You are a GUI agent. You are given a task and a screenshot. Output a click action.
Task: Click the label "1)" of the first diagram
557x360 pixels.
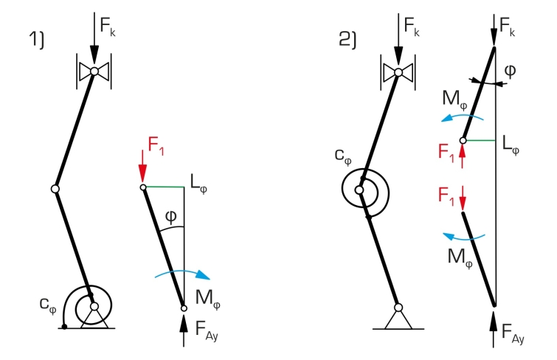click(x=37, y=39)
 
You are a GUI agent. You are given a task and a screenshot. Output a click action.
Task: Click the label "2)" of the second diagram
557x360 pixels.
click(x=347, y=39)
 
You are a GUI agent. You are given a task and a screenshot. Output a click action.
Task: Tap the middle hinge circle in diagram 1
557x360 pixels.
click(x=55, y=189)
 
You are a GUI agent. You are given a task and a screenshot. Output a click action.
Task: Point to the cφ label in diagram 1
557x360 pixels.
click(x=48, y=305)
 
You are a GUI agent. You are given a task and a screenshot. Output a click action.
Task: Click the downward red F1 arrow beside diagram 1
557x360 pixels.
click(x=142, y=166)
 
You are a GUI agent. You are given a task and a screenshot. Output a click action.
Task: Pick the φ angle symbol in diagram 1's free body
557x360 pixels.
click(x=171, y=217)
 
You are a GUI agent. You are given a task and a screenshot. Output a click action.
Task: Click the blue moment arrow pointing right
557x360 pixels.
click(x=182, y=274)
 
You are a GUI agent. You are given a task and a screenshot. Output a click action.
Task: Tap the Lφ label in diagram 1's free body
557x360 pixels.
click(x=198, y=184)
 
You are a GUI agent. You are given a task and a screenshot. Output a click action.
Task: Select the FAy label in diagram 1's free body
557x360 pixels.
click(x=207, y=330)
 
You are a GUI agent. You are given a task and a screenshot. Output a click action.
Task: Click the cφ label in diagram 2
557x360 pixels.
click(x=343, y=156)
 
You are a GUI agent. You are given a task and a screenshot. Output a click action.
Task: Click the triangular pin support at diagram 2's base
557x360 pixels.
click(x=398, y=320)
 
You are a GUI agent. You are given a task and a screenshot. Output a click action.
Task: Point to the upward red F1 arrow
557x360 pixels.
click(x=462, y=156)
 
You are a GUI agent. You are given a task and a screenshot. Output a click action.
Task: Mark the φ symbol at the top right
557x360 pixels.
click(x=510, y=71)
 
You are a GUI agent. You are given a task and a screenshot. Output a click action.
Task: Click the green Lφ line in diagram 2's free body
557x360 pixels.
click(x=480, y=141)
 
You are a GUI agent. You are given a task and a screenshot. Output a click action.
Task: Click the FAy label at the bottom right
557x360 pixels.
click(x=513, y=333)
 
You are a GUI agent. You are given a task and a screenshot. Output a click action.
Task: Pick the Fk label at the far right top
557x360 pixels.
click(x=508, y=27)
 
